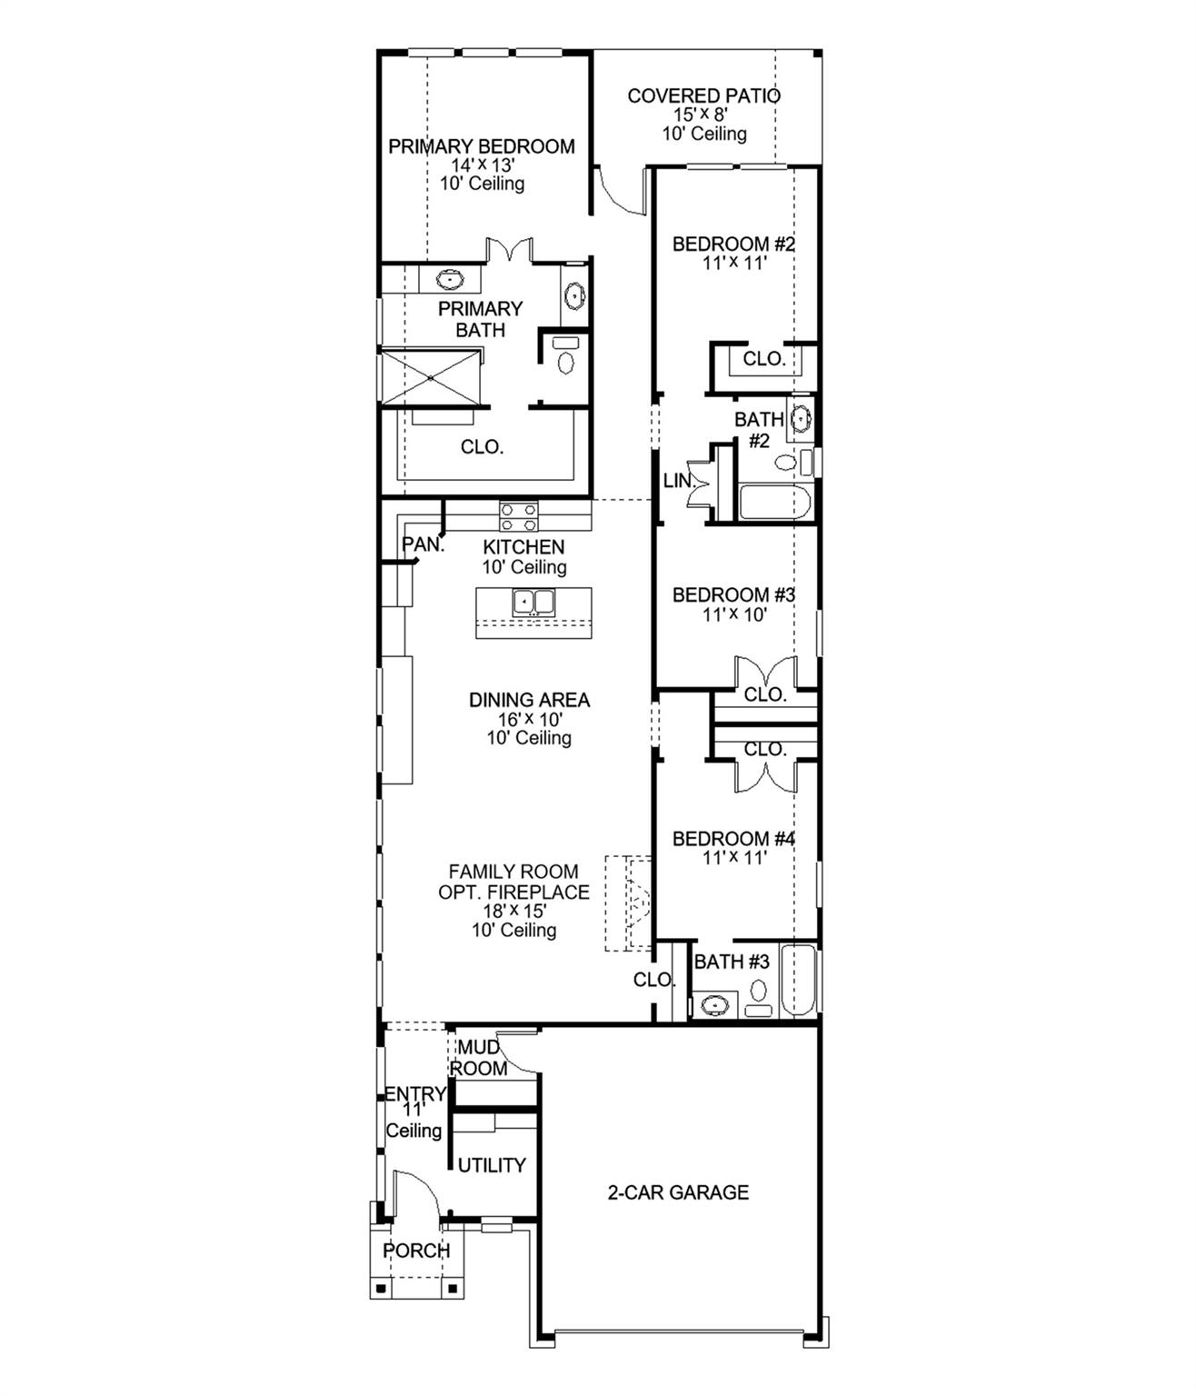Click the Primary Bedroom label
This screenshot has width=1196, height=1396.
tap(481, 146)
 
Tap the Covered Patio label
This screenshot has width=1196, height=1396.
tap(703, 95)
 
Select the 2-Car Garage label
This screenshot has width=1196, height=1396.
tap(678, 1192)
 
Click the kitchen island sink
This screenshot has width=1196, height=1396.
tap(533, 602)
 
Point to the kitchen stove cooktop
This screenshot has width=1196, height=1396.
tap(518, 516)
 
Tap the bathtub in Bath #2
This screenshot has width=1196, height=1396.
tap(774, 504)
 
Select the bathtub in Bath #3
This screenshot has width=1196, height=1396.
tap(801, 982)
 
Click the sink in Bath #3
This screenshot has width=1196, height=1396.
tap(716, 1005)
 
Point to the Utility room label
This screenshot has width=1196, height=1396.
tap(491, 1165)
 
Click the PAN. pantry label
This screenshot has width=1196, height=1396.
tap(424, 545)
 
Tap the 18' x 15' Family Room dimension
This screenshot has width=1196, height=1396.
tap(513, 911)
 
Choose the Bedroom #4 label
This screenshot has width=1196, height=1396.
tap(733, 839)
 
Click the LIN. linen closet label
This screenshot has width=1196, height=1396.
tap(678, 481)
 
